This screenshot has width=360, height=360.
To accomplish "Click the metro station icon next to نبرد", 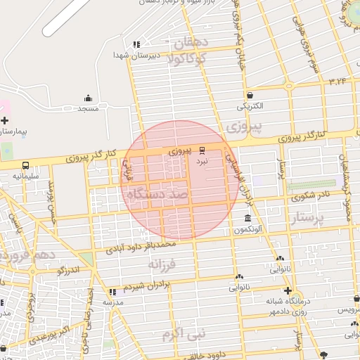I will (202, 150).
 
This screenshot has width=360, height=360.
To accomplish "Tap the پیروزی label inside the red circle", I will (180, 151).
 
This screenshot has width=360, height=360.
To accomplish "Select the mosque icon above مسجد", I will (88, 98).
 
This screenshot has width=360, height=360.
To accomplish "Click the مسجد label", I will (88, 109).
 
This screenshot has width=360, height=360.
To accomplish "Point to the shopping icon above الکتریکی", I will (250, 95).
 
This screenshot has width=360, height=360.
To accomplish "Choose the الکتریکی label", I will (250, 107).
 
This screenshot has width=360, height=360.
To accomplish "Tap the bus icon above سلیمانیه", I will (25, 165).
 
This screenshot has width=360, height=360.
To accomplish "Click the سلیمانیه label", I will (25, 176).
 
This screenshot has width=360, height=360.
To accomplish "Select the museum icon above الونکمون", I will (247, 218).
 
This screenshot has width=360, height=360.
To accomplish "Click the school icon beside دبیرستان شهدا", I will (136, 43).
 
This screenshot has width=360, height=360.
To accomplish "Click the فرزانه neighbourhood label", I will (164, 264).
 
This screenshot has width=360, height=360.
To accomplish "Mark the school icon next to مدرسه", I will (112, 291).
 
